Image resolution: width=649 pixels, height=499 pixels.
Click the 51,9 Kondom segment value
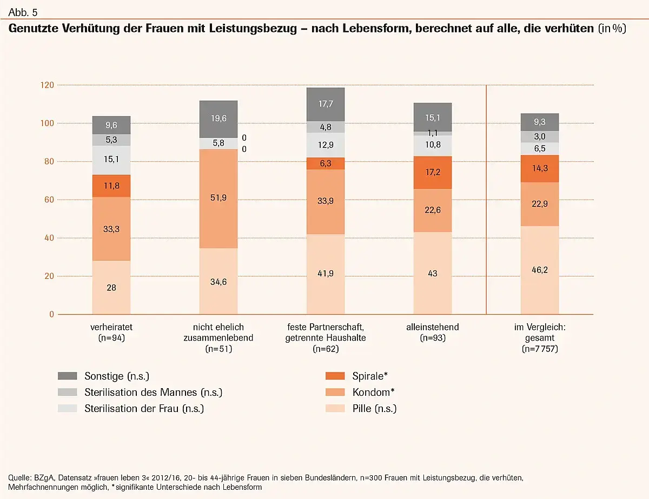click(x=218, y=198)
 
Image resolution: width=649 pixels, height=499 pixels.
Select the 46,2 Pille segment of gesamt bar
click(x=540, y=269)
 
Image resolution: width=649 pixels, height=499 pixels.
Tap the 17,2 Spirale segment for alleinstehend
click(x=432, y=172)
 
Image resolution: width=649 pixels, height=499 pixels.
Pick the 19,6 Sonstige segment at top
click(x=218, y=119)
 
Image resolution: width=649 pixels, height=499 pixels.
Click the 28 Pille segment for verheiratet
click(x=111, y=288)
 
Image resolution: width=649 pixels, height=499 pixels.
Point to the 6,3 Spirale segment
click(x=326, y=163)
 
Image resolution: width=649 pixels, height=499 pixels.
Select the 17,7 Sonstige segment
click(x=326, y=104)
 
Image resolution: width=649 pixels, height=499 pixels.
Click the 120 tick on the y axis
click(x=48, y=85)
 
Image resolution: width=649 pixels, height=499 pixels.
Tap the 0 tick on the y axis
click(x=52, y=314)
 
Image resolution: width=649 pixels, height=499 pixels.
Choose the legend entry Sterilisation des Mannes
click(x=153, y=392)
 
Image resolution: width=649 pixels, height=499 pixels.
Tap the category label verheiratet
click(x=112, y=327)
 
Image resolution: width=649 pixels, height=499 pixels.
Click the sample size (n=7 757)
click(x=540, y=349)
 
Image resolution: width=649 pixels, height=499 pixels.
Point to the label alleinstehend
click(x=432, y=327)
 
